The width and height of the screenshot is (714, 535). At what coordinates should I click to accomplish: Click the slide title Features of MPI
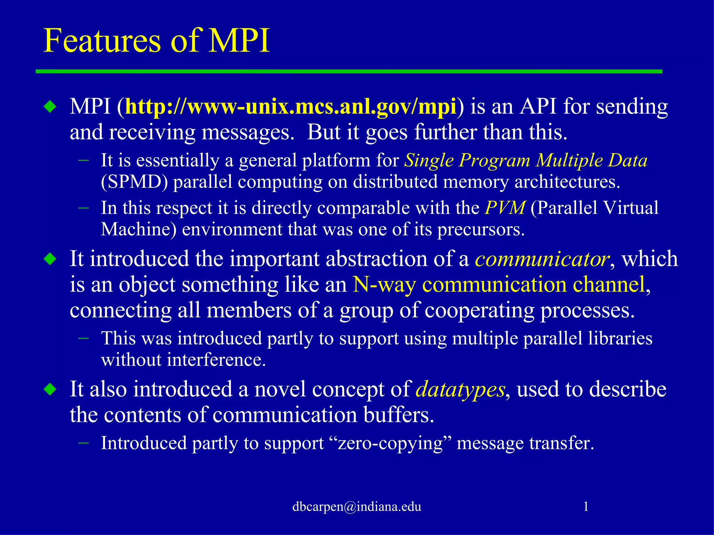pyautogui.click(x=157, y=41)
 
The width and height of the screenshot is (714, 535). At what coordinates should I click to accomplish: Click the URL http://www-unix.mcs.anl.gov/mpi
pyautogui.click(x=290, y=107)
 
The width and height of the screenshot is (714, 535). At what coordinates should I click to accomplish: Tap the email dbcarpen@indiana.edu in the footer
pyautogui.click(x=357, y=506)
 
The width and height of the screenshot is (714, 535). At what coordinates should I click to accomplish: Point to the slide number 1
pyautogui.click(x=586, y=506)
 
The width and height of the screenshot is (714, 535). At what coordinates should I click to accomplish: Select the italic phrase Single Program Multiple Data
pyautogui.click(x=525, y=161)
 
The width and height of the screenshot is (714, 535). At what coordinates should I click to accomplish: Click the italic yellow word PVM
pyautogui.click(x=505, y=208)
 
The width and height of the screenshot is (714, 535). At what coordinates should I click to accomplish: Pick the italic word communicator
pyautogui.click(x=542, y=259)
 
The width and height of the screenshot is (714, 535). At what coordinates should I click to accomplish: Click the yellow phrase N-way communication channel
pyautogui.click(x=499, y=285)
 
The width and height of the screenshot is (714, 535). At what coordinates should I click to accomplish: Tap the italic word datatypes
pyautogui.click(x=460, y=389)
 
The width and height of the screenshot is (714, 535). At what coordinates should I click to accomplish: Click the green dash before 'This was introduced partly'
pyautogui.click(x=84, y=338)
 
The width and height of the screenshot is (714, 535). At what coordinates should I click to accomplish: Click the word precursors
pyautogui.click(x=481, y=230)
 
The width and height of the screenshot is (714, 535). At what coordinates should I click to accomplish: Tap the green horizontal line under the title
pyautogui.click(x=349, y=71)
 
